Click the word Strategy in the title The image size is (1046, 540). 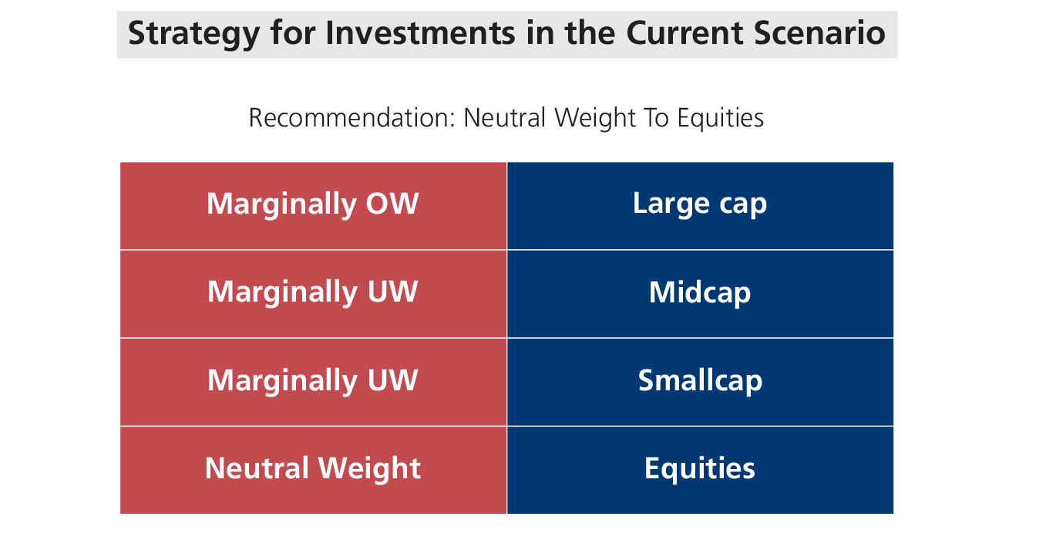pos(193,35)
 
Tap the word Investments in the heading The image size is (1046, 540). pos(420,33)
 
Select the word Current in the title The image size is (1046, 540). pos(684,33)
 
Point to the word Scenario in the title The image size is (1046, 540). pos(819,33)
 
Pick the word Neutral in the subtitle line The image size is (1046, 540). pos(504,117)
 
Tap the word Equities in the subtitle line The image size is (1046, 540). pos(721,118)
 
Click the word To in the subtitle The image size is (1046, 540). pos(656,117)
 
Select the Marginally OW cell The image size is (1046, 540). pos(313,206)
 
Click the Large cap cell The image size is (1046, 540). pos(701,206)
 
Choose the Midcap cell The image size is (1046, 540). pos(701,294)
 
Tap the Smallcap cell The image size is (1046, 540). pos(701,382)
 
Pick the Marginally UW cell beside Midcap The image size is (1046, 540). pos(313,294)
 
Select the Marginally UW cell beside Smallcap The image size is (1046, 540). pos(313,382)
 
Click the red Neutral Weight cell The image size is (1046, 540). pos(313,471)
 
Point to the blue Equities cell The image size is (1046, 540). pos(701,471)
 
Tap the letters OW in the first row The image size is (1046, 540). pos(392,204)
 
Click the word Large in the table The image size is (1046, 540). pos(671,204)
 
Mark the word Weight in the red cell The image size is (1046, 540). pos(369,469)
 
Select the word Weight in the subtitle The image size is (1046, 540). pos(595,118)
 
